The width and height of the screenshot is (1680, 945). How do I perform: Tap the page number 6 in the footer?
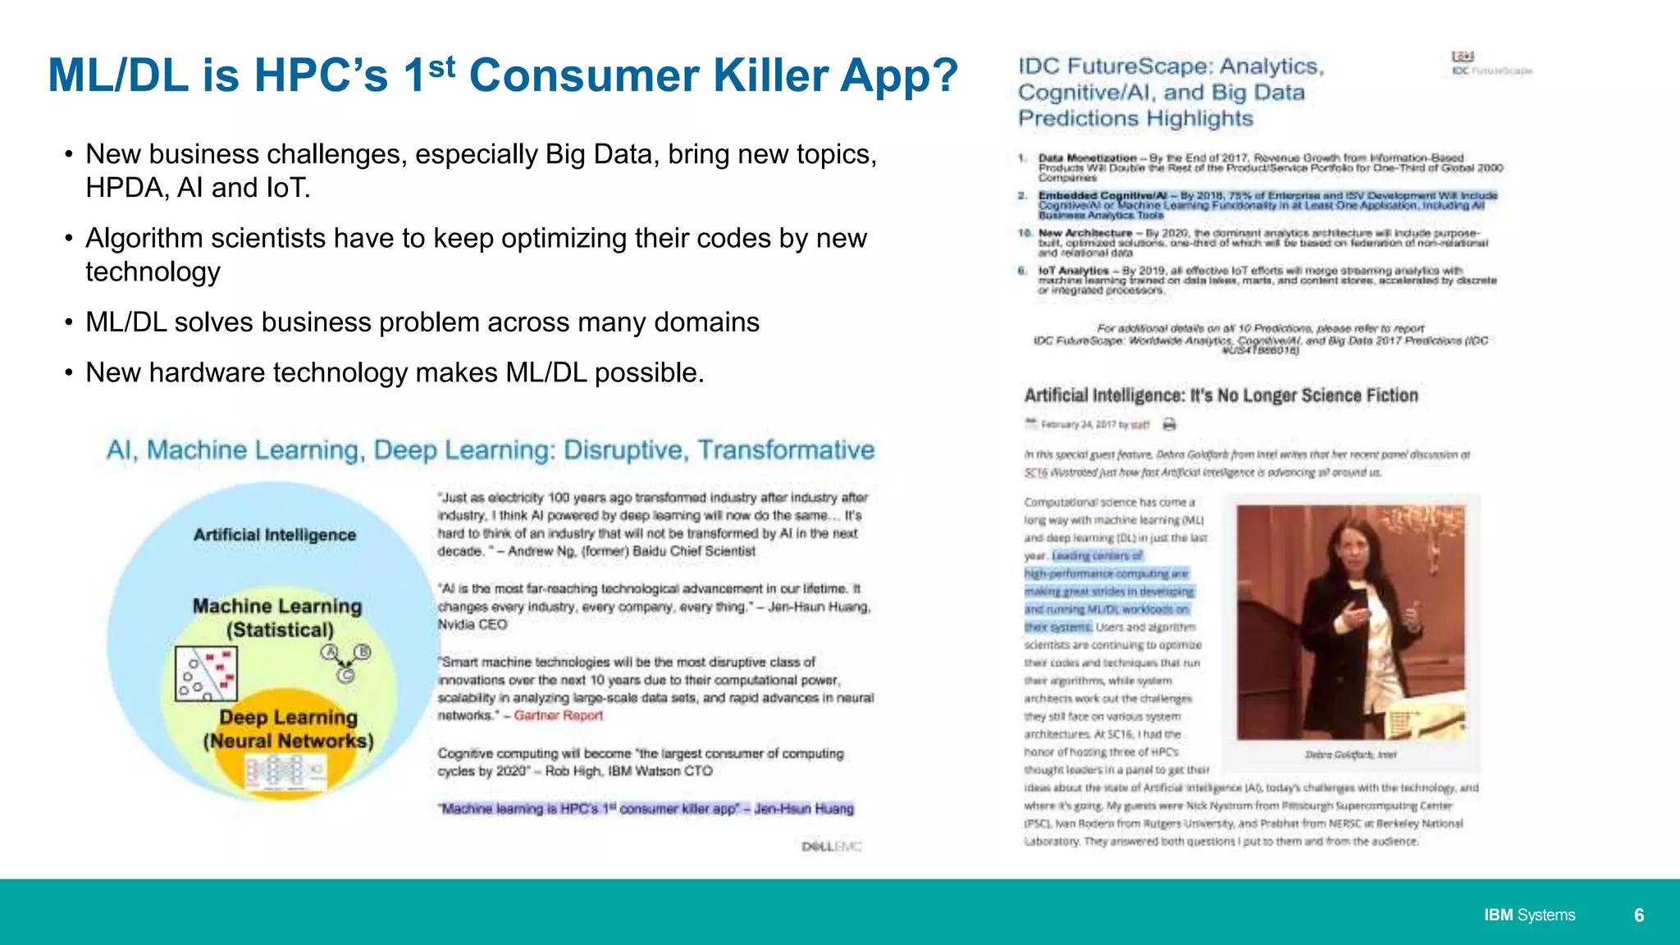1639,915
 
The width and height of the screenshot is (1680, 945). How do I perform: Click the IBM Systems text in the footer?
1529,915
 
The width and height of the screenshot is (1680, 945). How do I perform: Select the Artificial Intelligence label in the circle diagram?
275,535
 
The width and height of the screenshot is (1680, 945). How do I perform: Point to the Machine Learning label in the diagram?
277,606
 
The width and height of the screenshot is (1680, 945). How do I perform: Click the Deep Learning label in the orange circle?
288,718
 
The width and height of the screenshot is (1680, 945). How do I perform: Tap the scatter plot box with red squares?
206,673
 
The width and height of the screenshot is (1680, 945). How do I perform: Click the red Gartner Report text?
558,715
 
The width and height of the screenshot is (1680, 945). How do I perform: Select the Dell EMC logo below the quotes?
831,847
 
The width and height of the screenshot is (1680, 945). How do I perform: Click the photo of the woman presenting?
1350,623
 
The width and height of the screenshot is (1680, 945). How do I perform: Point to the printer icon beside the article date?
1170,424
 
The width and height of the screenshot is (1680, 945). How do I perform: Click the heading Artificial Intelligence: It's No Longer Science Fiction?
1221,395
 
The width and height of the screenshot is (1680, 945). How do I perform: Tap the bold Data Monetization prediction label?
1087,157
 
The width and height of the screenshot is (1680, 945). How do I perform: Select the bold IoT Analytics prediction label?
1073,271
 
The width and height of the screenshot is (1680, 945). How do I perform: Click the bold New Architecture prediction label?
1084,233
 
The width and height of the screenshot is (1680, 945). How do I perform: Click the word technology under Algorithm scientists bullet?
153,272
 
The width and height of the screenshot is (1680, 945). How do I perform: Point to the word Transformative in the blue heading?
786,450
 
